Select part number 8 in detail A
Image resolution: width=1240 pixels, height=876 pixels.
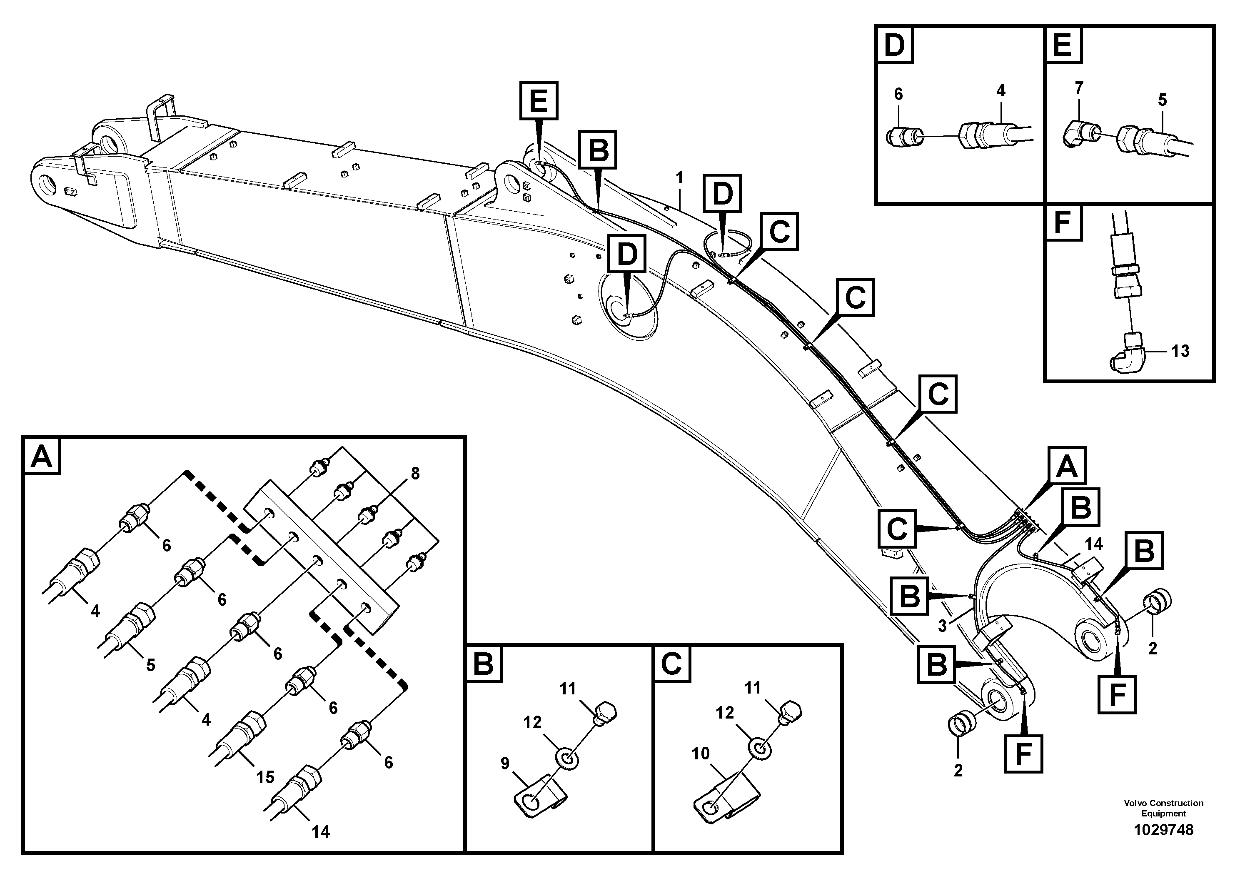(x=415, y=474)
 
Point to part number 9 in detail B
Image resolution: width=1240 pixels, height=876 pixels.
(x=504, y=763)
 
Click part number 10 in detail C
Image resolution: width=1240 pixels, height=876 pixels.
(x=701, y=754)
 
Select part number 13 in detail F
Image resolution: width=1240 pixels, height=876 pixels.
(x=1180, y=351)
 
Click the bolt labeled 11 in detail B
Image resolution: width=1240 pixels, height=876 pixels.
(x=605, y=713)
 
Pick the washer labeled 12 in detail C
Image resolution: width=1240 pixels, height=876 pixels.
(x=759, y=750)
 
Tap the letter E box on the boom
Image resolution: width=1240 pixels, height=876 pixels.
(x=539, y=101)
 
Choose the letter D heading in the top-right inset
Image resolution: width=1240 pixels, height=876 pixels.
(x=894, y=45)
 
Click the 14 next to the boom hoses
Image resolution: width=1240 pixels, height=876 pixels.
(x=1094, y=543)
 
